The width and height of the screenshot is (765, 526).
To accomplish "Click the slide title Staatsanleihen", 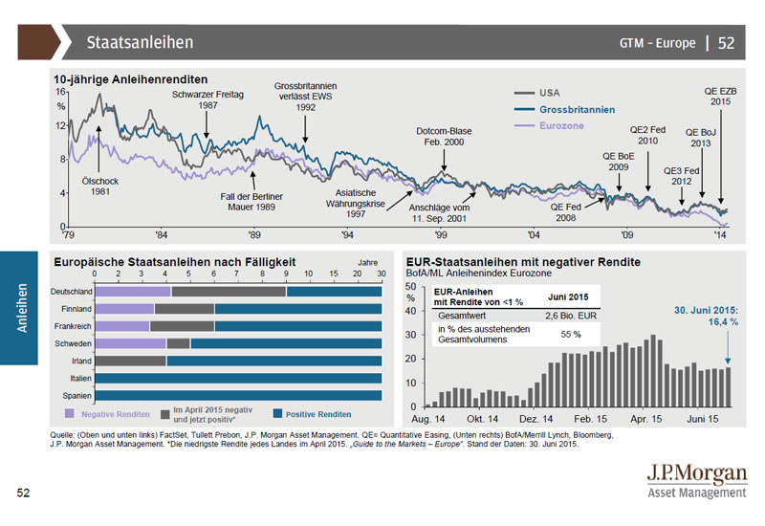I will pyautogui.click(x=140, y=42).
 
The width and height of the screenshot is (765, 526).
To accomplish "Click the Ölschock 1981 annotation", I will pyautogui.click(x=101, y=186).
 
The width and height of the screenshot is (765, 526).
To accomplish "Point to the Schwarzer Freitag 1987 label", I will pyautogui.click(x=207, y=99).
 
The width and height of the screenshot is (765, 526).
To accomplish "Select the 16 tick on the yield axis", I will pyautogui.click(x=61, y=92).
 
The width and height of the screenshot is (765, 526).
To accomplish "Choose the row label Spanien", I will pyautogui.click(x=76, y=395).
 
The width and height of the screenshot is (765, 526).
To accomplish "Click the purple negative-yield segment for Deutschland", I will pyautogui.click(x=133, y=292).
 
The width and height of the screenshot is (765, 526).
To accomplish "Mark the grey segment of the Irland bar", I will pyautogui.click(x=131, y=361).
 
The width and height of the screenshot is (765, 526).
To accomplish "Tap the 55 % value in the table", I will pyautogui.click(x=571, y=335).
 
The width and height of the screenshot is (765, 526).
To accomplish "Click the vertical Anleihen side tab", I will pyautogui.click(x=22, y=307).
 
